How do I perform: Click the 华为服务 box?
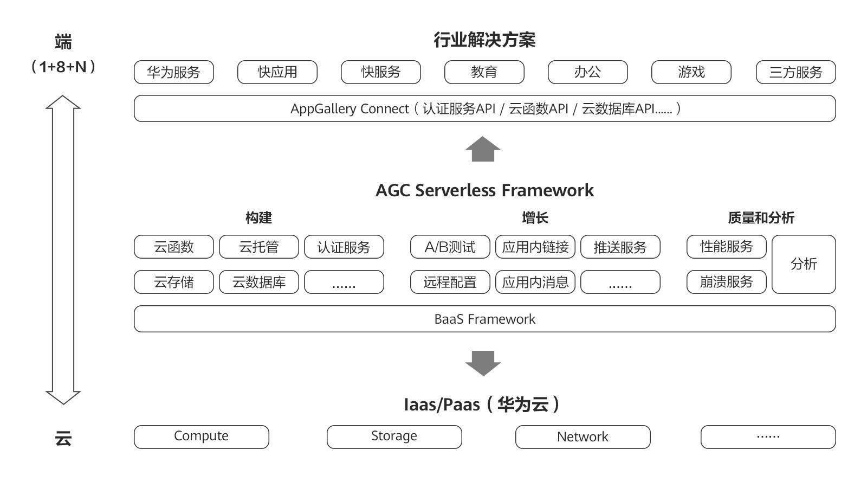173,72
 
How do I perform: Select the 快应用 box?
277,72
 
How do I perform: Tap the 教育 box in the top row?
484,72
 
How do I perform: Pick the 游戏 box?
691,72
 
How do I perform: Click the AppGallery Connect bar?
484,108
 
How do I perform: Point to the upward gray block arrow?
483,149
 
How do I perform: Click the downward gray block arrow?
483,363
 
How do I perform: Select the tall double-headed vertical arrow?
63,249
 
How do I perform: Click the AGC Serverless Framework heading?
484,190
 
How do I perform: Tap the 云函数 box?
173,247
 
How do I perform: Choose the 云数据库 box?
258,282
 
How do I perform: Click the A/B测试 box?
450,247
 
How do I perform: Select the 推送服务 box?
620,247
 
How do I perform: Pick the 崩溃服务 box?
726,282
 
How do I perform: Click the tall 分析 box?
804,264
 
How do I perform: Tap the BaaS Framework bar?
484,319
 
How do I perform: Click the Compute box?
201,436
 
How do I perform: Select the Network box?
583,436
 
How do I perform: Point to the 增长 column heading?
535,218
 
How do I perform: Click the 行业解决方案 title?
484,40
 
